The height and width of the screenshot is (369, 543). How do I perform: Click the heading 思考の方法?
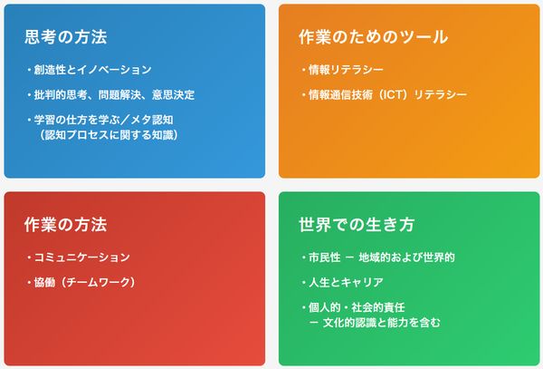pos(66,37)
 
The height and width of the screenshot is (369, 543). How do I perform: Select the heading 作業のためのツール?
pos(373,37)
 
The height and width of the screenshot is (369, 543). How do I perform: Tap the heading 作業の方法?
pos(66,225)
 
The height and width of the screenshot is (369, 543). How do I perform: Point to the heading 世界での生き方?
pos(357,225)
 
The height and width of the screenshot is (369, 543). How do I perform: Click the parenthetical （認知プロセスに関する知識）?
pos(109,135)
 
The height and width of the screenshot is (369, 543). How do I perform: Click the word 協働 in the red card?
pos(44,282)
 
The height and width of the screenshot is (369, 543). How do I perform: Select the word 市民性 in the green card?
pos(325,257)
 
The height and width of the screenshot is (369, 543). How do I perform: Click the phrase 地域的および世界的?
pos(407,257)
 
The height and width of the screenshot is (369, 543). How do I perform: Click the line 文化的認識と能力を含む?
pos(382,323)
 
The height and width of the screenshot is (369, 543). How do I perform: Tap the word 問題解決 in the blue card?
pos(119,94)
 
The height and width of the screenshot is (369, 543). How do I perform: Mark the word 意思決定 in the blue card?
pos(174,94)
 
